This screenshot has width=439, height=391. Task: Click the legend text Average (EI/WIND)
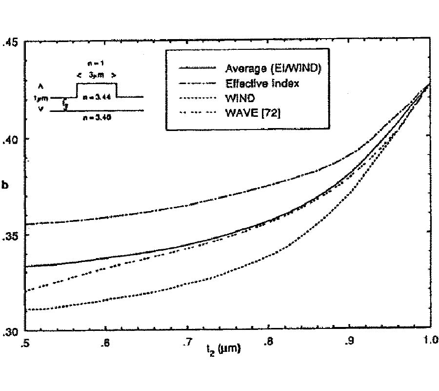tap(273, 68)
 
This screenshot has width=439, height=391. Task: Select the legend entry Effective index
tap(262, 83)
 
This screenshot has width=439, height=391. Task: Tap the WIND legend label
tap(238, 98)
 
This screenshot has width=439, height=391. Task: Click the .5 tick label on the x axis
tap(25, 343)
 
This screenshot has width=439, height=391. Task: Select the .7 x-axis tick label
tap(186, 343)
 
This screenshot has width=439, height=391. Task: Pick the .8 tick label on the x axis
tap(267, 343)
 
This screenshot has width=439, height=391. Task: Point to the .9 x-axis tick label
tap(349, 343)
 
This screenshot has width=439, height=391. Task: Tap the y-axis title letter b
tap(6, 186)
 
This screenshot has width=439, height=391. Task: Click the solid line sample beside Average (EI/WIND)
tap(198, 67)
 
